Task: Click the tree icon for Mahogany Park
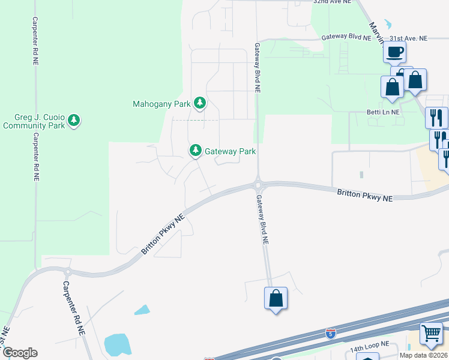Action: coord(200,104)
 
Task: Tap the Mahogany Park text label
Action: coord(161,104)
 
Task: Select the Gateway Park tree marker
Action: coord(195,151)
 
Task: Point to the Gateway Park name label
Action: coord(231,151)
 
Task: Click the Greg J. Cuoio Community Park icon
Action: coord(74,121)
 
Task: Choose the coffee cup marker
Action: coord(394,52)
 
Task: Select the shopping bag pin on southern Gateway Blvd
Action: coord(276,298)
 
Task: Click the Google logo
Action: coord(20,352)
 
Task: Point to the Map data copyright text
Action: coord(424,355)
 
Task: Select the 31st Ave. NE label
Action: coord(408,38)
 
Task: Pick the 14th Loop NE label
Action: coord(370,347)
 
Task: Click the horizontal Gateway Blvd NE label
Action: coord(346,37)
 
